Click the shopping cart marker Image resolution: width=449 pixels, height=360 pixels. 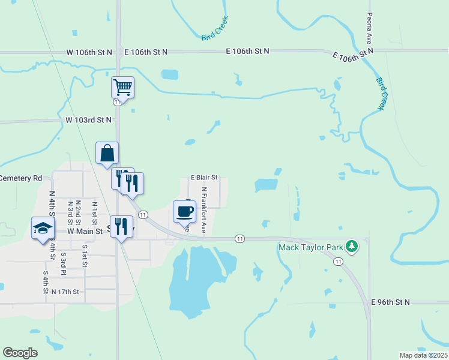click(x=122, y=87)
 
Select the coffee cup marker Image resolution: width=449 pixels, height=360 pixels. click(x=184, y=211)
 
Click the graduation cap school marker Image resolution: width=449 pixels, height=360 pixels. click(x=43, y=227)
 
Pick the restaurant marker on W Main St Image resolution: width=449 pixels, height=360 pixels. click(x=121, y=226)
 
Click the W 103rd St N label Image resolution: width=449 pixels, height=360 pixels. click(x=89, y=120)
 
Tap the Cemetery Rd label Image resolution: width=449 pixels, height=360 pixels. click(x=21, y=178)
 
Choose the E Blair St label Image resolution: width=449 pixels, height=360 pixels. click(x=203, y=178)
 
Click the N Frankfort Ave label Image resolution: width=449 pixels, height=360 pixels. click(x=204, y=210)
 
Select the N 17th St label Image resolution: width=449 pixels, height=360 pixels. click(x=70, y=292)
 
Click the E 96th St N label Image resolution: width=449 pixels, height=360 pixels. click(x=390, y=302)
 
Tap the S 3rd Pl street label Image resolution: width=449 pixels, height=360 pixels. click(x=63, y=263)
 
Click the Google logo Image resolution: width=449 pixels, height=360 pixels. click(x=20, y=353)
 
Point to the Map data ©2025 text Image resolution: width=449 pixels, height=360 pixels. click(x=423, y=355)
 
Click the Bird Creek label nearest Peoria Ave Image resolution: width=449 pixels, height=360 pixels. click(x=382, y=93)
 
